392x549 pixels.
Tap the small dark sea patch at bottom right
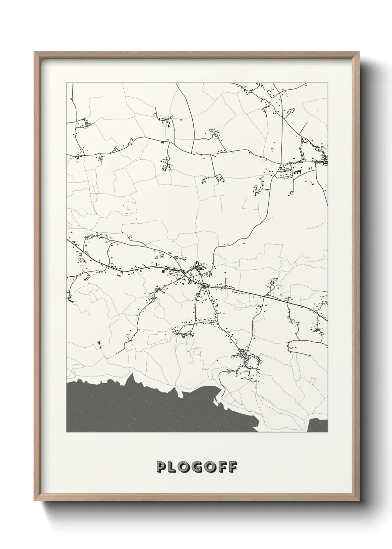coord(318,425)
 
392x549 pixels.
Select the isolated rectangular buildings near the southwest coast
coord(99,345)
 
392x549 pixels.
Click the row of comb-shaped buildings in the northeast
coord(297,172)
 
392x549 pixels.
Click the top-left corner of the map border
coord(66,83)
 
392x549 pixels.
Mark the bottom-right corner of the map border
coord(328,432)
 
